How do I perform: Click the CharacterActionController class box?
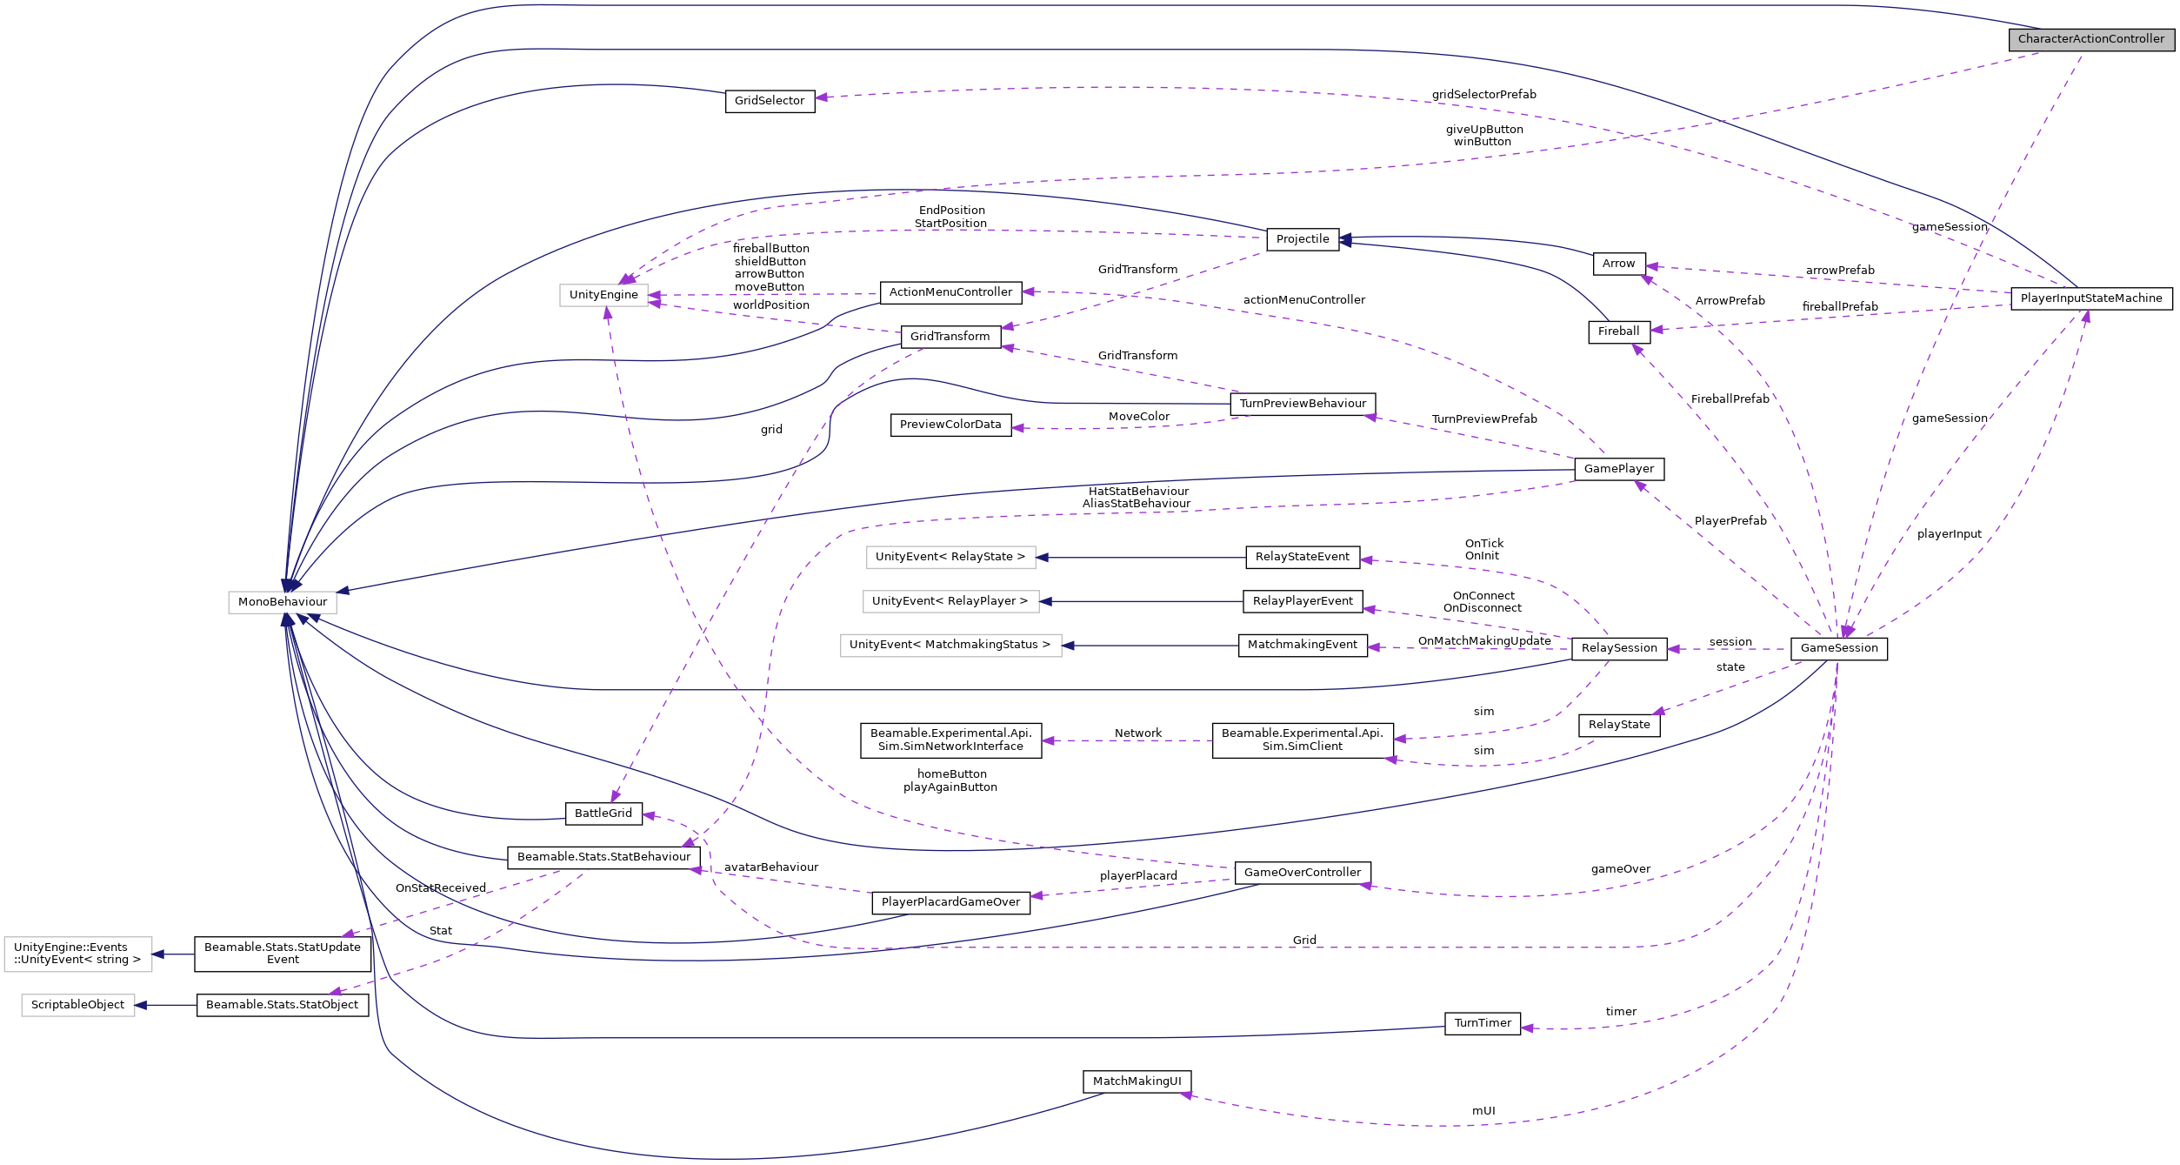pyautogui.click(x=2090, y=39)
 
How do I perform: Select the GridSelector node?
pyautogui.click(x=770, y=101)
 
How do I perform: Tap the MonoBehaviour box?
pyautogui.click(x=283, y=602)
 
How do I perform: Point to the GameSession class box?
pyautogui.click(x=1838, y=648)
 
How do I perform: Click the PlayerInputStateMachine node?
pyautogui.click(x=2090, y=298)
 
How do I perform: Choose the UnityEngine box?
pyautogui.click(x=603, y=295)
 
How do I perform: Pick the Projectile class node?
pyautogui.click(x=1302, y=239)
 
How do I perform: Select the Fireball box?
pyautogui.click(x=1618, y=331)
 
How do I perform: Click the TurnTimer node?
pyautogui.click(x=1483, y=1023)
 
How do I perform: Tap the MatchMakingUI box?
pyautogui.click(x=1137, y=1081)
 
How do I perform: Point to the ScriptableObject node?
pyautogui.click(x=78, y=1005)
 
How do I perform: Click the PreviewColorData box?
pyautogui.click(x=950, y=425)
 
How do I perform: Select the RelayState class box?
pyautogui.click(x=1618, y=725)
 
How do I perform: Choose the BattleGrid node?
pyautogui.click(x=603, y=813)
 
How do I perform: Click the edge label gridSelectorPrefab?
pyautogui.click(x=1483, y=95)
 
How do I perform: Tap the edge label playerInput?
pyautogui.click(x=1949, y=534)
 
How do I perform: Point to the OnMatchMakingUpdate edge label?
pyautogui.click(x=1483, y=641)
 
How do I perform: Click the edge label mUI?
pyautogui.click(x=1483, y=1111)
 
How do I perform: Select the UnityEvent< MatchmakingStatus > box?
pyautogui.click(x=950, y=645)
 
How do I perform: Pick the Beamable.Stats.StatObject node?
pyautogui.click(x=283, y=1005)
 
